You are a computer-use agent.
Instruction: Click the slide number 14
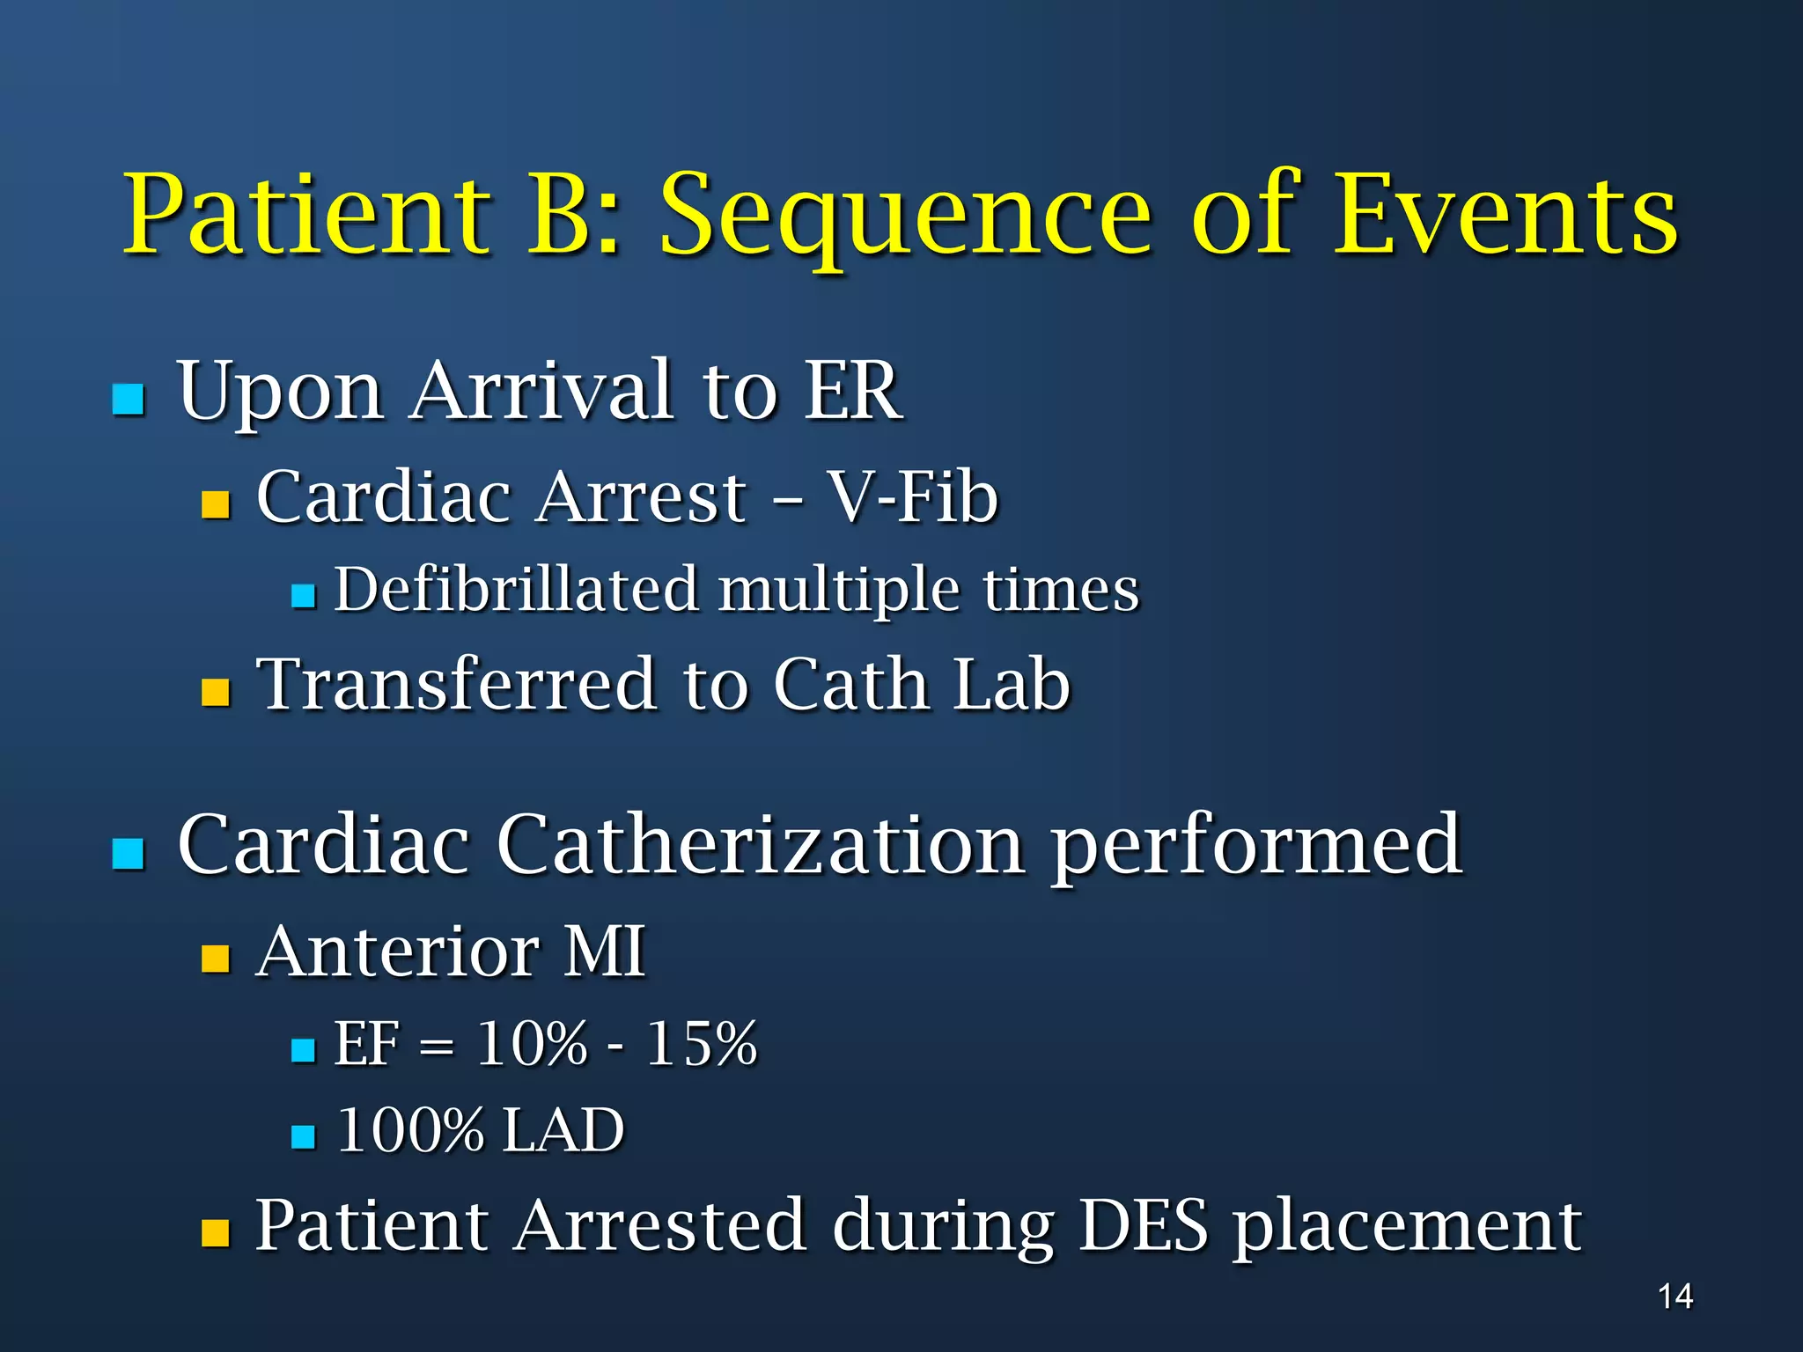1675,1296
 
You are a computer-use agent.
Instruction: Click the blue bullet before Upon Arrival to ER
129,399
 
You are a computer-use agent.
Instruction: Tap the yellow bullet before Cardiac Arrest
216,504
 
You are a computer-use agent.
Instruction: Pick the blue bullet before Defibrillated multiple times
303,597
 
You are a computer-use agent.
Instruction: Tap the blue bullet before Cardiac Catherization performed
129,853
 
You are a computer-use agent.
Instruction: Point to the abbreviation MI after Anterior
605,952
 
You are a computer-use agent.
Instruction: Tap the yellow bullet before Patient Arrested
216,1233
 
